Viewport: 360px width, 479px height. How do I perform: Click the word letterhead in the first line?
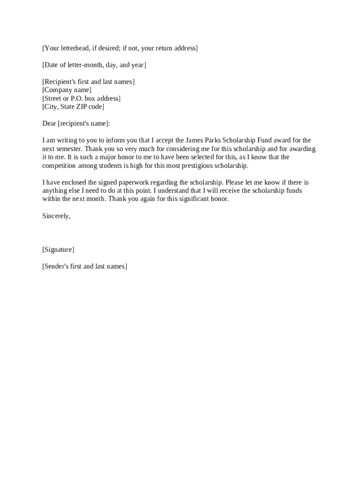[75, 48]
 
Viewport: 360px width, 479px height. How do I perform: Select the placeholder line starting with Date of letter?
[94, 65]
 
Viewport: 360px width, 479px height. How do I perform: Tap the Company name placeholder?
[67, 90]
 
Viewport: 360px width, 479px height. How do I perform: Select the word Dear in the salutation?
[49, 123]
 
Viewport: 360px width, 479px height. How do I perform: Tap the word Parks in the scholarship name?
[217, 140]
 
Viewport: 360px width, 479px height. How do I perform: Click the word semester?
[69, 149]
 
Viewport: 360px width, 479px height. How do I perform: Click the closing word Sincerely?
[56, 216]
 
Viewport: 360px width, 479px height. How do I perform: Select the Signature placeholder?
[58, 250]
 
